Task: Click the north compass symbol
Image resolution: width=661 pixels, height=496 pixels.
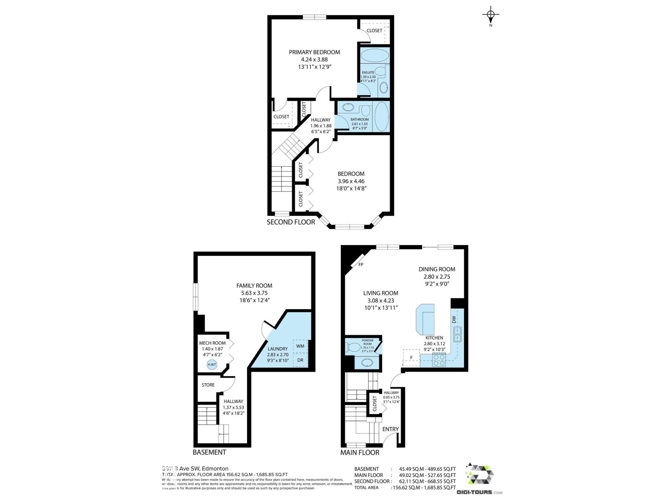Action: [x=490, y=16]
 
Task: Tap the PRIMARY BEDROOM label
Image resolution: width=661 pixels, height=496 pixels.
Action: [x=314, y=52]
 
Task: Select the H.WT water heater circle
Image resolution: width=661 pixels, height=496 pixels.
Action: [x=212, y=365]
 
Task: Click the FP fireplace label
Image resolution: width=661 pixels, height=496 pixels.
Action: [x=361, y=265]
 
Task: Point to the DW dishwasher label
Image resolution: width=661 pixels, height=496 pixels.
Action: [x=454, y=320]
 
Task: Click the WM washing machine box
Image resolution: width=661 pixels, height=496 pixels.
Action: [x=300, y=346]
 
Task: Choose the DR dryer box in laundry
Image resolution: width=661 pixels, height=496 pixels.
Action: [x=300, y=360]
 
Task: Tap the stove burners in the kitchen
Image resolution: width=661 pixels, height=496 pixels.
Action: [x=439, y=361]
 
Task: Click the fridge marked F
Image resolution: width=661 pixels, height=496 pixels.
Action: [x=411, y=358]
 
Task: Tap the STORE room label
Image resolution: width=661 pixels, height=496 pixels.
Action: [x=208, y=385]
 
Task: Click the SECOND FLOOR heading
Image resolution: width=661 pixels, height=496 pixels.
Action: [x=291, y=222]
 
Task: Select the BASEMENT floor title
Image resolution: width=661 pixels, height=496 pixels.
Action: [x=209, y=452]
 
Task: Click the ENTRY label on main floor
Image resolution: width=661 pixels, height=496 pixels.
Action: [x=390, y=429]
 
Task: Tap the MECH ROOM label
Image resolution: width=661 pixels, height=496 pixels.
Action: [x=212, y=343]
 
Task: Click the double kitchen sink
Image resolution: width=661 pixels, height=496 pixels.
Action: [x=457, y=334]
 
